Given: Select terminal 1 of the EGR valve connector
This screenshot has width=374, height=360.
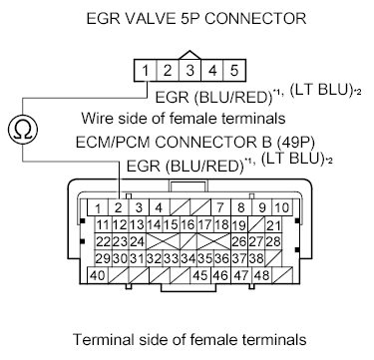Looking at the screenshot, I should pyautogui.click(x=147, y=71).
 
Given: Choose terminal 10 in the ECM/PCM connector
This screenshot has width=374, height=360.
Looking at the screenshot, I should pyautogui.click(x=282, y=207).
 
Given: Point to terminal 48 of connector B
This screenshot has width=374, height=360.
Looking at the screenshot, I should pyautogui.click(x=262, y=275).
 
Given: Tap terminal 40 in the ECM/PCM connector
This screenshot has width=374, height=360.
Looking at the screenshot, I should pyautogui.click(x=98, y=275).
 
